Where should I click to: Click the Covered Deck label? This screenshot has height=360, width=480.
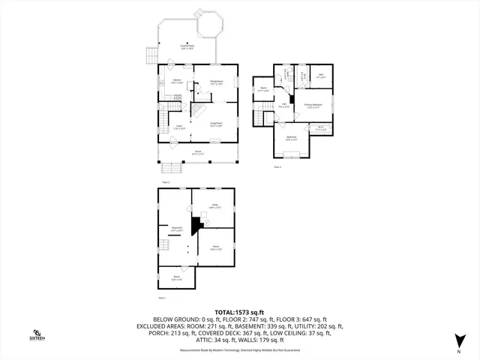coord(187,48)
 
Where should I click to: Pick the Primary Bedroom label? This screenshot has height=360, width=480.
coord(313,106)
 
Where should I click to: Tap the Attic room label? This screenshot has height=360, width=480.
coord(319,75)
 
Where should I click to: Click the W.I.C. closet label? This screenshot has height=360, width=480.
coord(320,128)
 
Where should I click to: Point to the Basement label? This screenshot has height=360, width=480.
coord(176,228)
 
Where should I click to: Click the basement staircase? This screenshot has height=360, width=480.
coord(163,244)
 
